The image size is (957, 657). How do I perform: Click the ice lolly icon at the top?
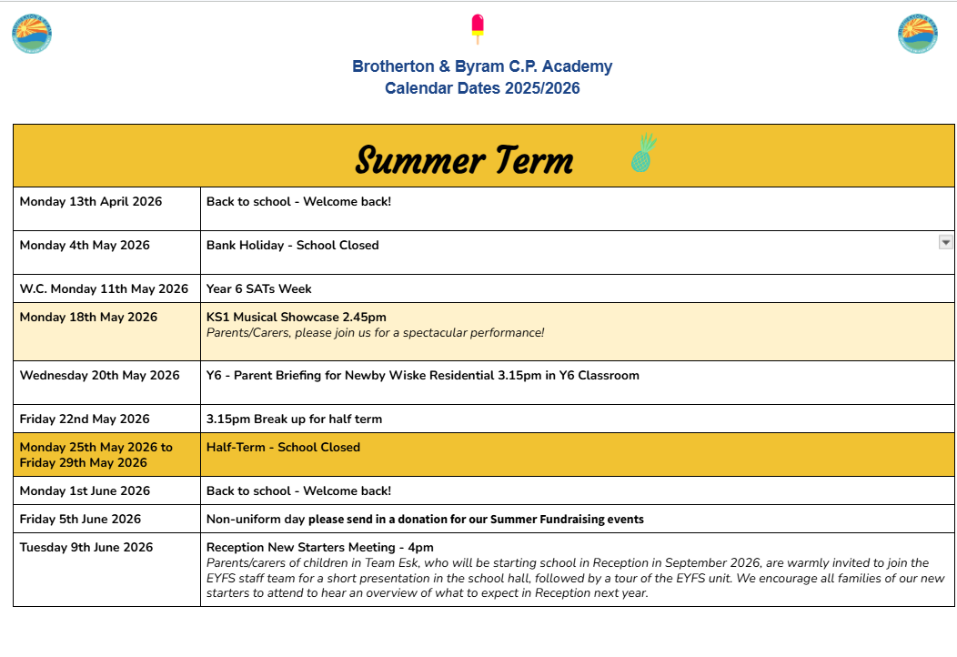pyautogui.click(x=478, y=29)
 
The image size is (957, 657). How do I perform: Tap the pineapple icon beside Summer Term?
pyautogui.click(x=643, y=153)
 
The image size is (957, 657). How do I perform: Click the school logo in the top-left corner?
pyautogui.click(x=32, y=34)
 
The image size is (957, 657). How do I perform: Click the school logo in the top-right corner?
pyautogui.click(x=917, y=34)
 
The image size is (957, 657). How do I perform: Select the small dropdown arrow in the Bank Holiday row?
pyautogui.click(x=945, y=242)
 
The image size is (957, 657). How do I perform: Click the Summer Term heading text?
pyautogui.click(x=464, y=161)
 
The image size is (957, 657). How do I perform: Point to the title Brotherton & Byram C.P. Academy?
pyautogui.click(x=482, y=66)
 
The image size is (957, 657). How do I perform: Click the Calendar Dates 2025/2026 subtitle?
pyautogui.click(x=482, y=88)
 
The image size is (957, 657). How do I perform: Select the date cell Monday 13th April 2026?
pyautogui.click(x=91, y=201)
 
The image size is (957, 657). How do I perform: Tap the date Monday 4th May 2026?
pyautogui.click(x=85, y=245)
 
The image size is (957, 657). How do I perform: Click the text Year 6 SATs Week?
pyautogui.click(x=259, y=288)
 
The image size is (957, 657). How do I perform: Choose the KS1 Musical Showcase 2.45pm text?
pyautogui.click(x=297, y=317)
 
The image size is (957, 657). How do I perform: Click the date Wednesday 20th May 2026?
pyautogui.click(x=100, y=375)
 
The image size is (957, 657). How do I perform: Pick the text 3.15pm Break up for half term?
pyautogui.click(x=294, y=419)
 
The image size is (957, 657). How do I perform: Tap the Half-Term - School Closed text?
pyautogui.click(x=283, y=447)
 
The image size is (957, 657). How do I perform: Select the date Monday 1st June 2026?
pyautogui.click(x=85, y=490)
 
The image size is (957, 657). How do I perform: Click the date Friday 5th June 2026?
pyautogui.click(x=81, y=519)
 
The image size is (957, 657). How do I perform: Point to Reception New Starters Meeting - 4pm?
pyautogui.click(x=320, y=547)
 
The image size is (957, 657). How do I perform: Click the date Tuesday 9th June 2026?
pyautogui.click(x=86, y=547)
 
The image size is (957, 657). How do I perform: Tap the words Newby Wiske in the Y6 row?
pyautogui.click(x=381, y=375)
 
